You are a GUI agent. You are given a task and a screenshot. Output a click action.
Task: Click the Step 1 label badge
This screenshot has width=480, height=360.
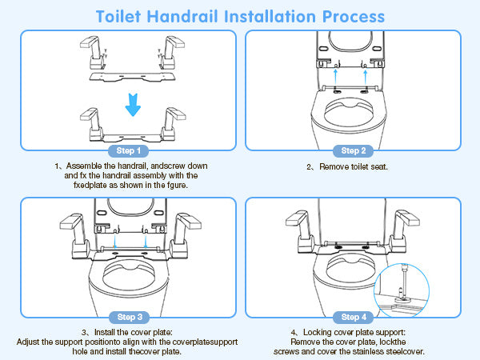point(129,150)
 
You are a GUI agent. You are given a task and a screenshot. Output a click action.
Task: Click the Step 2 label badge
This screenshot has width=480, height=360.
point(352,150)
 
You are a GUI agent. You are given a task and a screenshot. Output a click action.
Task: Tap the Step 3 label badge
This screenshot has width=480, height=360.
point(129,317)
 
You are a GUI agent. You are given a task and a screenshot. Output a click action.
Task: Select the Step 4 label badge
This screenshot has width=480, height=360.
point(352,317)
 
